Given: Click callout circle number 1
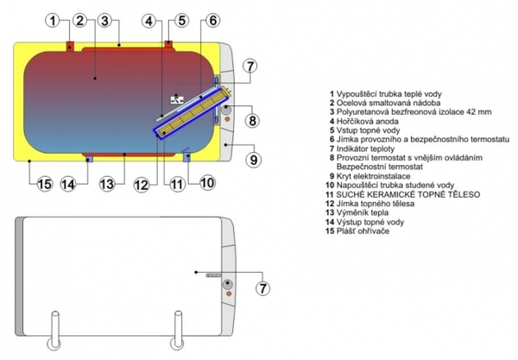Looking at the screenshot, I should point(54,20).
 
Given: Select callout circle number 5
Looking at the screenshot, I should point(180,20).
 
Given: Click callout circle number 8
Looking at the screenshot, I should point(252,120).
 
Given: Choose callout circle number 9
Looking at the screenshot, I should point(252,159).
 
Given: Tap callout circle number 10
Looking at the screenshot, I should point(207,181).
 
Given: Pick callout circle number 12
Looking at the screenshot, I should point(140,183).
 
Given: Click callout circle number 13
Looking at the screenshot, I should point(106,183).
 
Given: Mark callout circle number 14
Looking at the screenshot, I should point(68,183).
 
